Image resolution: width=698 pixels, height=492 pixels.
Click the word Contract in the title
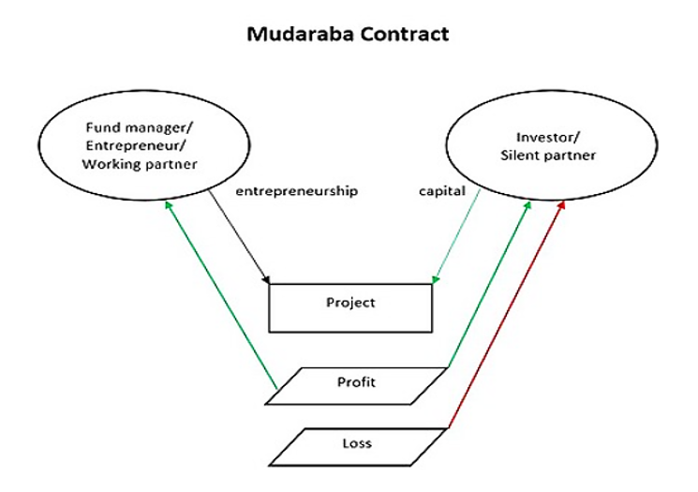click(x=403, y=35)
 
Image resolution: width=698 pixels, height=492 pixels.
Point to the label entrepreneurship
click(x=297, y=191)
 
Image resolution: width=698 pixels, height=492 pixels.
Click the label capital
click(x=441, y=191)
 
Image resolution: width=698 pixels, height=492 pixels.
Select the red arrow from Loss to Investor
click(x=506, y=319)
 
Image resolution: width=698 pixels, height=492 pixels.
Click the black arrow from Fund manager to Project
click(x=239, y=235)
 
